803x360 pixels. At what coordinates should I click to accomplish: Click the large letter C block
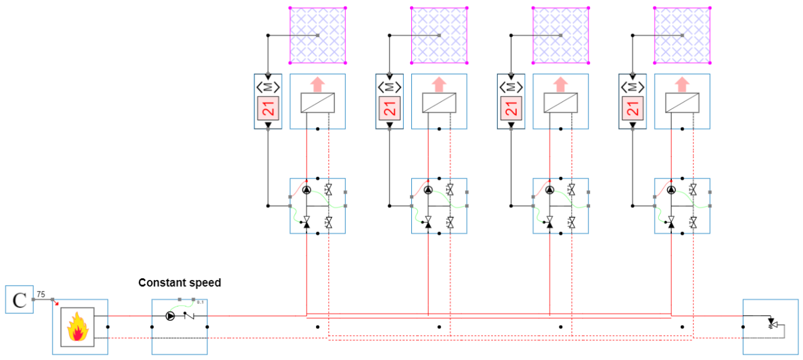(19, 300)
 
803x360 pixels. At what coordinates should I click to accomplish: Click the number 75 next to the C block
(41, 294)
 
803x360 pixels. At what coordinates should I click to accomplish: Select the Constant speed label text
(179, 283)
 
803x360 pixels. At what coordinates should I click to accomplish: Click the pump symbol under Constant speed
(170, 316)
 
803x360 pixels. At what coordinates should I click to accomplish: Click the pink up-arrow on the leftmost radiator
(317, 85)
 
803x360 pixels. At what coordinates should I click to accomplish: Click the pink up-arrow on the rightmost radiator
(682, 85)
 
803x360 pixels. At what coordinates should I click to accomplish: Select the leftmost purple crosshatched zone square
(317, 35)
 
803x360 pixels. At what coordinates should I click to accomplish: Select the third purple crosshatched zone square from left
(560, 35)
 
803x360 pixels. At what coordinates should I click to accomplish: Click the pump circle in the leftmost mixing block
(306, 190)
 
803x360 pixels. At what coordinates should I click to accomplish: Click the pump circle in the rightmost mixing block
(671, 190)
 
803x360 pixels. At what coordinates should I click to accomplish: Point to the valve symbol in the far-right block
(771, 324)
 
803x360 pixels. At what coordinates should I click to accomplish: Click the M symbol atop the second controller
(389, 87)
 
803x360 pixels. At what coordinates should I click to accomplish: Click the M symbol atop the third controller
(511, 87)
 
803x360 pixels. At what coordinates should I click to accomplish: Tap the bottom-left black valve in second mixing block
(428, 223)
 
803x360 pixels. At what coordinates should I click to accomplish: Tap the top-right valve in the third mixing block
(571, 190)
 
